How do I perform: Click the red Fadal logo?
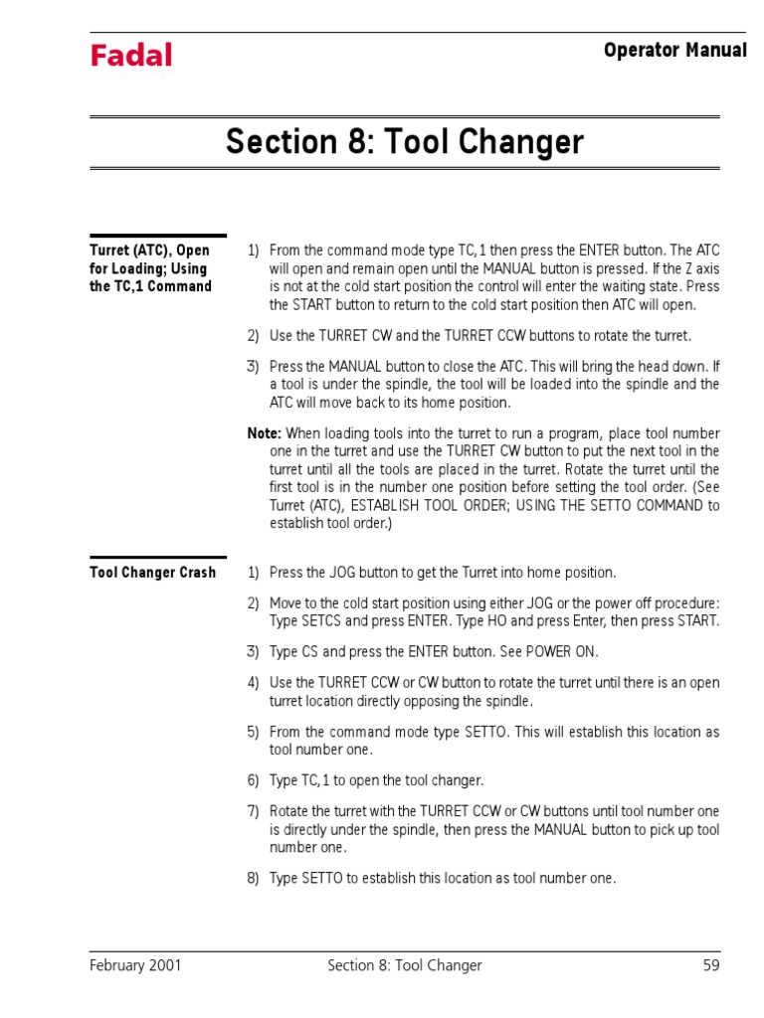131,56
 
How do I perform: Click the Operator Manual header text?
674,50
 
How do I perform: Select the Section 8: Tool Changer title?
404,142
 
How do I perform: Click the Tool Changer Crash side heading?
152,573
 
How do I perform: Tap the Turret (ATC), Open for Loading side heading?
150,268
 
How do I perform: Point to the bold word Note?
265,433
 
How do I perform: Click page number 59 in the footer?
710,965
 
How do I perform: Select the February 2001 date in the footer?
135,965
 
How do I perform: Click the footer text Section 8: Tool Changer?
404,965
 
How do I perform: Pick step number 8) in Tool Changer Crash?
253,879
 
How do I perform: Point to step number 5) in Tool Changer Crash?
253,732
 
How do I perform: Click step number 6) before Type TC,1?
253,781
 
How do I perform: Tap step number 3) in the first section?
253,366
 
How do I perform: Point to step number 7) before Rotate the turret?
253,811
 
